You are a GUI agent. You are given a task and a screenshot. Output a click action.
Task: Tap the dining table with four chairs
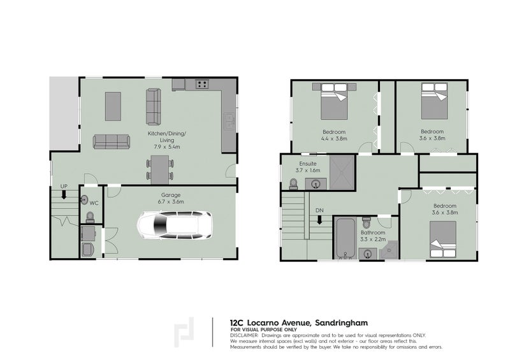click(160, 168)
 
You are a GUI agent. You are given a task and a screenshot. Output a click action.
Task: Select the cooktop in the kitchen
click(203, 83)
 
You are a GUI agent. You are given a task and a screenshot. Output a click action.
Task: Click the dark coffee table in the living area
click(113, 106)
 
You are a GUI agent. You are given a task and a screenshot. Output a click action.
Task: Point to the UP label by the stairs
click(64, 186)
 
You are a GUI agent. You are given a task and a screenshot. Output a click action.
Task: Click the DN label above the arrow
click(319, 211)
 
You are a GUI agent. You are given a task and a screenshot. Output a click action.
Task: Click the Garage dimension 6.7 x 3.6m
click(168, 201)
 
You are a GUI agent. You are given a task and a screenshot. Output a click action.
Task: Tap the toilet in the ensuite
click(293, 184)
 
